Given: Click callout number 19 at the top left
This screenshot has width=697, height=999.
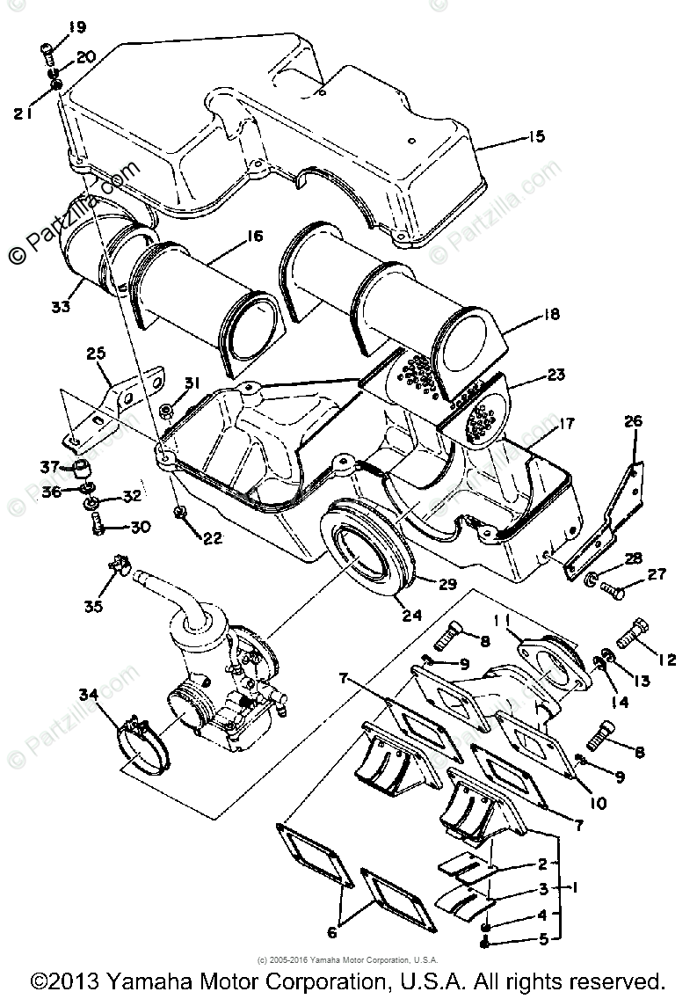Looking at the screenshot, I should (76, 28).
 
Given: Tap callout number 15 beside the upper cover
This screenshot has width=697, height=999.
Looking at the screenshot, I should (535, 136).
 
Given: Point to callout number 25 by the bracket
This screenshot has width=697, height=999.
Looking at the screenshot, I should (97, 355).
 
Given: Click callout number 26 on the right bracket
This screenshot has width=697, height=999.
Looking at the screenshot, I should (633, 421).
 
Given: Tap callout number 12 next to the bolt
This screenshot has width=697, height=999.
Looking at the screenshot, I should (666, 660).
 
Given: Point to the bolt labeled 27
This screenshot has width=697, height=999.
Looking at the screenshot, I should (614, 593).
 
